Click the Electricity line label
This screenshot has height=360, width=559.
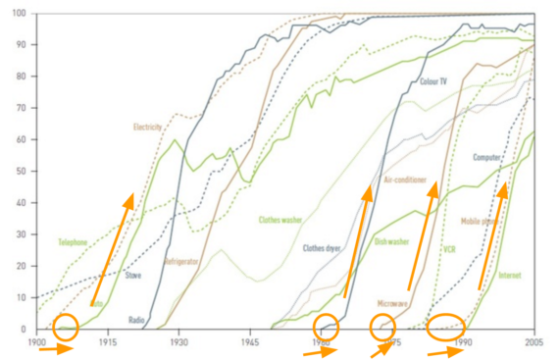(148, 127)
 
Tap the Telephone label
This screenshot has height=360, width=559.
(73, 241)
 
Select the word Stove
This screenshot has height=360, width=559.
(133, 276)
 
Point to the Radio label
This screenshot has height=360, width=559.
(137, 320)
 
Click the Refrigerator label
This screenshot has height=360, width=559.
(181, 263)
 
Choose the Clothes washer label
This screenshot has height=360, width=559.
(280, 221)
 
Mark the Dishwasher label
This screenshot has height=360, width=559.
(394, 241)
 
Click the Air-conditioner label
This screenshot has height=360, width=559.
(403, 181)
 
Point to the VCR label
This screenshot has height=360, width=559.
(449, 249)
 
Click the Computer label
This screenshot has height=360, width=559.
(487, 157)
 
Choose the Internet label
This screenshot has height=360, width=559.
(510, 276)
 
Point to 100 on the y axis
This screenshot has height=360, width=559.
(20, 15)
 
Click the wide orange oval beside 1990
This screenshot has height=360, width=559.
(448, 326)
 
